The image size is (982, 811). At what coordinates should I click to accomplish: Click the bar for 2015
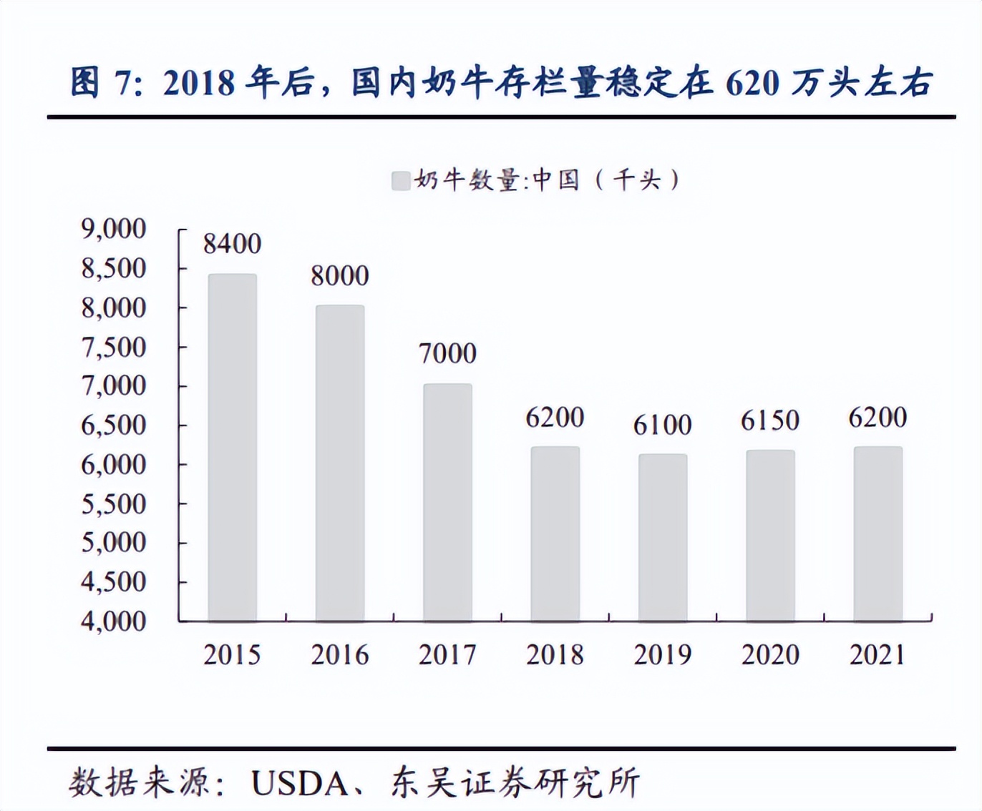pos(232,447)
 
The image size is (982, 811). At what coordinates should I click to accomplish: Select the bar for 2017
pos(447,502)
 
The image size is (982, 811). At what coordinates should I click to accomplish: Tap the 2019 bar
pos(663,537)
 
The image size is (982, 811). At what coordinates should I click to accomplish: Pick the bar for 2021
pos(878,534)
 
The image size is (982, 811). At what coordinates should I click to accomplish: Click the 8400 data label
pos(232,244)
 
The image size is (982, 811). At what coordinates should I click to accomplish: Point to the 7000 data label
pos(447,353)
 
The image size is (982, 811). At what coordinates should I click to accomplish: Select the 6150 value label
pos(769,421)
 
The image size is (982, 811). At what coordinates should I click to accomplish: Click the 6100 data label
pos(662,425)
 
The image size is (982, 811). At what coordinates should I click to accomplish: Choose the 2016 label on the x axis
pos(339,655)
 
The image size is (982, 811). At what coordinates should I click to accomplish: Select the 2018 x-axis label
pos(555,655)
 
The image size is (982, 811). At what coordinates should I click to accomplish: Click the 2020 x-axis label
pos(769,655)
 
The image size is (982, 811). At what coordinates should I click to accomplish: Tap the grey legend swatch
pos(401,180)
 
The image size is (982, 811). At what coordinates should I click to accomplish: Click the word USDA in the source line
pos(299,784)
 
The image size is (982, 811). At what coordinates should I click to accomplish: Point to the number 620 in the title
pos(752,84)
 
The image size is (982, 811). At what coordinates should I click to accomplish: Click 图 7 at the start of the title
pos(100,84)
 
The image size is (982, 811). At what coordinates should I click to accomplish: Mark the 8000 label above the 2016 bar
pos(339,276)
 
